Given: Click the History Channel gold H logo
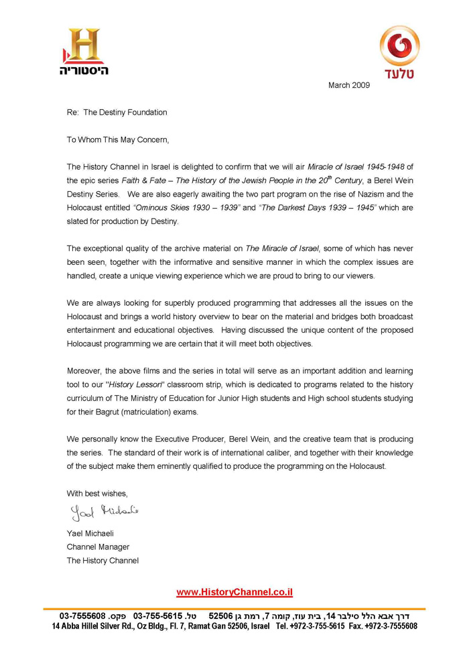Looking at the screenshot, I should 83,46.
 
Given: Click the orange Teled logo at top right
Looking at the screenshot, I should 401,47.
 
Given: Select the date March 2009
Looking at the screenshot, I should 348,86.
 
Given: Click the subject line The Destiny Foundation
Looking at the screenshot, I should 125,113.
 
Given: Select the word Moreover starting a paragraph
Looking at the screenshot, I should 84,371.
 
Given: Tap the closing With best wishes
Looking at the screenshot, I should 96,493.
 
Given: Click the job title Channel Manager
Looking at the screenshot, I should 97,547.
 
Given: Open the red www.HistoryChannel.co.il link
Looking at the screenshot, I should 234,592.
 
